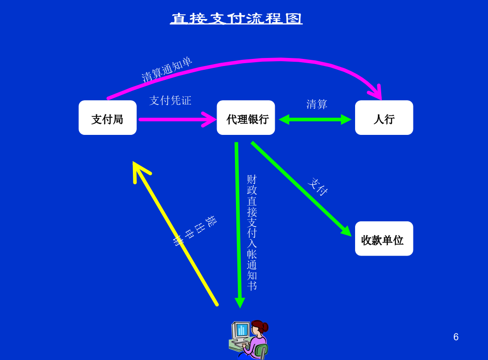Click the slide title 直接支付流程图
pos(236,19)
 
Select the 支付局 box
pos(108,118)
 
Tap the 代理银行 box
pos(246,118)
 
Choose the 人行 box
pos(384,118)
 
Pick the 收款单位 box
pos(384,238)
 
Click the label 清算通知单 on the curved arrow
pos(167,69)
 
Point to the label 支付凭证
pos(170,101)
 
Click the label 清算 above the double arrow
pos(317,104)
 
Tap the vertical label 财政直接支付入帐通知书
pos(252,233)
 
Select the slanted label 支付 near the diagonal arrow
pos(318,187)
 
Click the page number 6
pos(456,337)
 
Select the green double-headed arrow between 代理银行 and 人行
pos(315,120)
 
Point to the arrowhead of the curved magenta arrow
pos(376,92)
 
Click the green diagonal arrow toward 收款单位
pos(301,189)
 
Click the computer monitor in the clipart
pos(241,330)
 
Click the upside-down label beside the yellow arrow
pos(195,230)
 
